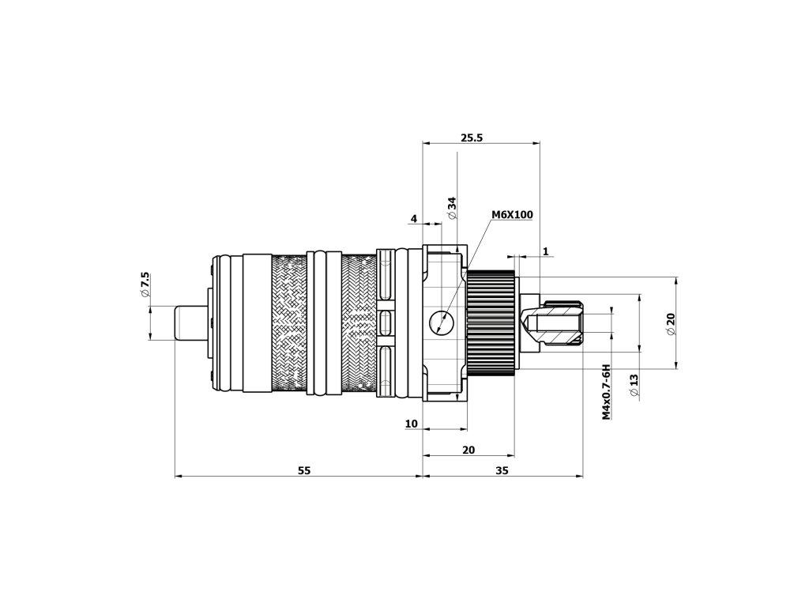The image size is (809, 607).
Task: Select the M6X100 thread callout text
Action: coord(512,214)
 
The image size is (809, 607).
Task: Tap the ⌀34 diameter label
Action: coord(452,208)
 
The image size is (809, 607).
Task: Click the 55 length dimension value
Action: coord(304,470)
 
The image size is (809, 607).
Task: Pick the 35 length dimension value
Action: coord(502,470)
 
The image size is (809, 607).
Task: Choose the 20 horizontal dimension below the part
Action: coord(468,450)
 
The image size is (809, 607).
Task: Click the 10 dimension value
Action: coord(411,424)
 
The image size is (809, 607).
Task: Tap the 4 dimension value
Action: coord(413,217)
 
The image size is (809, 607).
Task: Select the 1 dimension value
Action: coord(546,251)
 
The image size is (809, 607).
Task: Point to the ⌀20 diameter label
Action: coord(671,323)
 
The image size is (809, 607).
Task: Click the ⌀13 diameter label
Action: coord(634,385)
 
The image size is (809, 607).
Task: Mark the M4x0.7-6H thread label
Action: coord(606,392)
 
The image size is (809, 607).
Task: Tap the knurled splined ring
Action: coord(491,323)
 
